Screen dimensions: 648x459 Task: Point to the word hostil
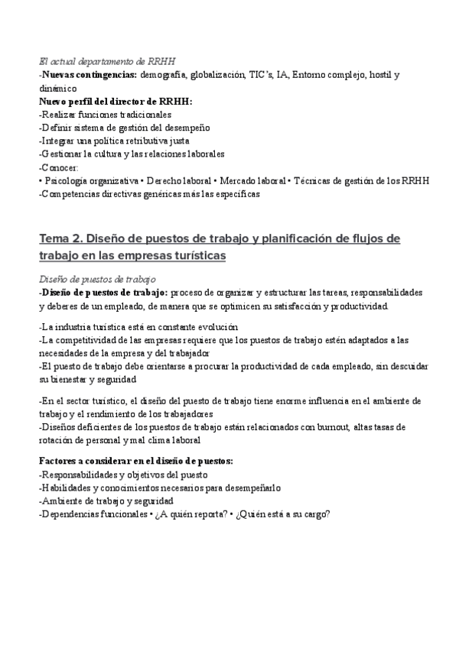coord(379,76)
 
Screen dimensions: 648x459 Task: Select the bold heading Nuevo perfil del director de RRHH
coord(116,102)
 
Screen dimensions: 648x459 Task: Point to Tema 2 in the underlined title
coord(61,239)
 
